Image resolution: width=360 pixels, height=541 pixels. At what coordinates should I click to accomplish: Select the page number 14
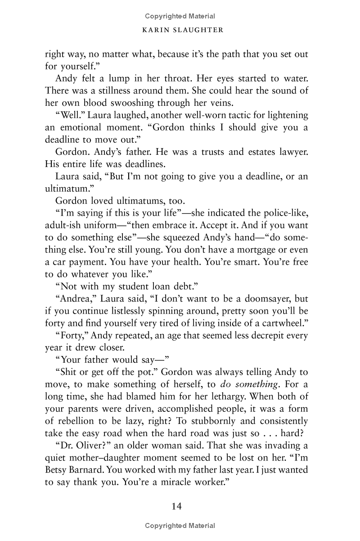click(x=176, y=506)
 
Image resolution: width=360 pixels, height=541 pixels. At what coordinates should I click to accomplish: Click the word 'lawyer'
click(x=292, y=152)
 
